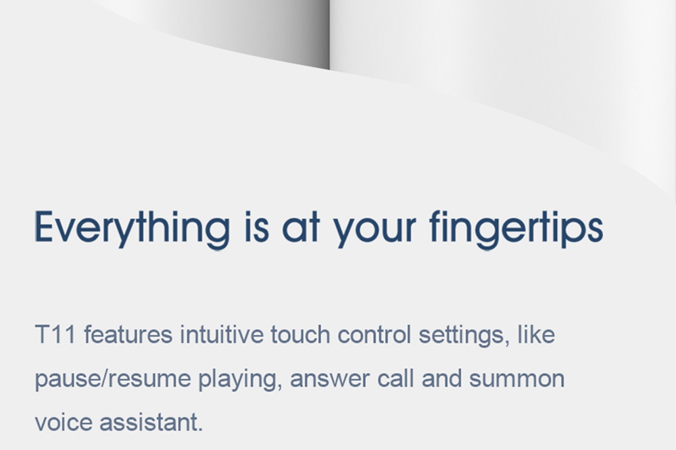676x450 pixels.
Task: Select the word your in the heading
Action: pyautogui.click(x=375, y=231)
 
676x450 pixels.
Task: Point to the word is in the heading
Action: pyautogui.click(x=257, y=227)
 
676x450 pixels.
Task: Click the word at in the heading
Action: pyautogui.click(x=301, y=228)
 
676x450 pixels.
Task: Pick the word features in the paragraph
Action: pyautogui.click(x=128, y=334)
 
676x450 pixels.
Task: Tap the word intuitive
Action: pyautogui.click(x=222, y=334)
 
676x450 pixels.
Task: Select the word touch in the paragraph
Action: pyautogui.click(x=300, y=334)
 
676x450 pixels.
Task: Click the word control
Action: pyautogui.click(x=375, y=334)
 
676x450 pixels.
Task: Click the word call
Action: pyautogui.click(x=395, y=378)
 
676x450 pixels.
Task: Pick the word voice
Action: pyautogui.click(x=64, y=422)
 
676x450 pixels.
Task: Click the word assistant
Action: pyautogui.click(x=151, y=422)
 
